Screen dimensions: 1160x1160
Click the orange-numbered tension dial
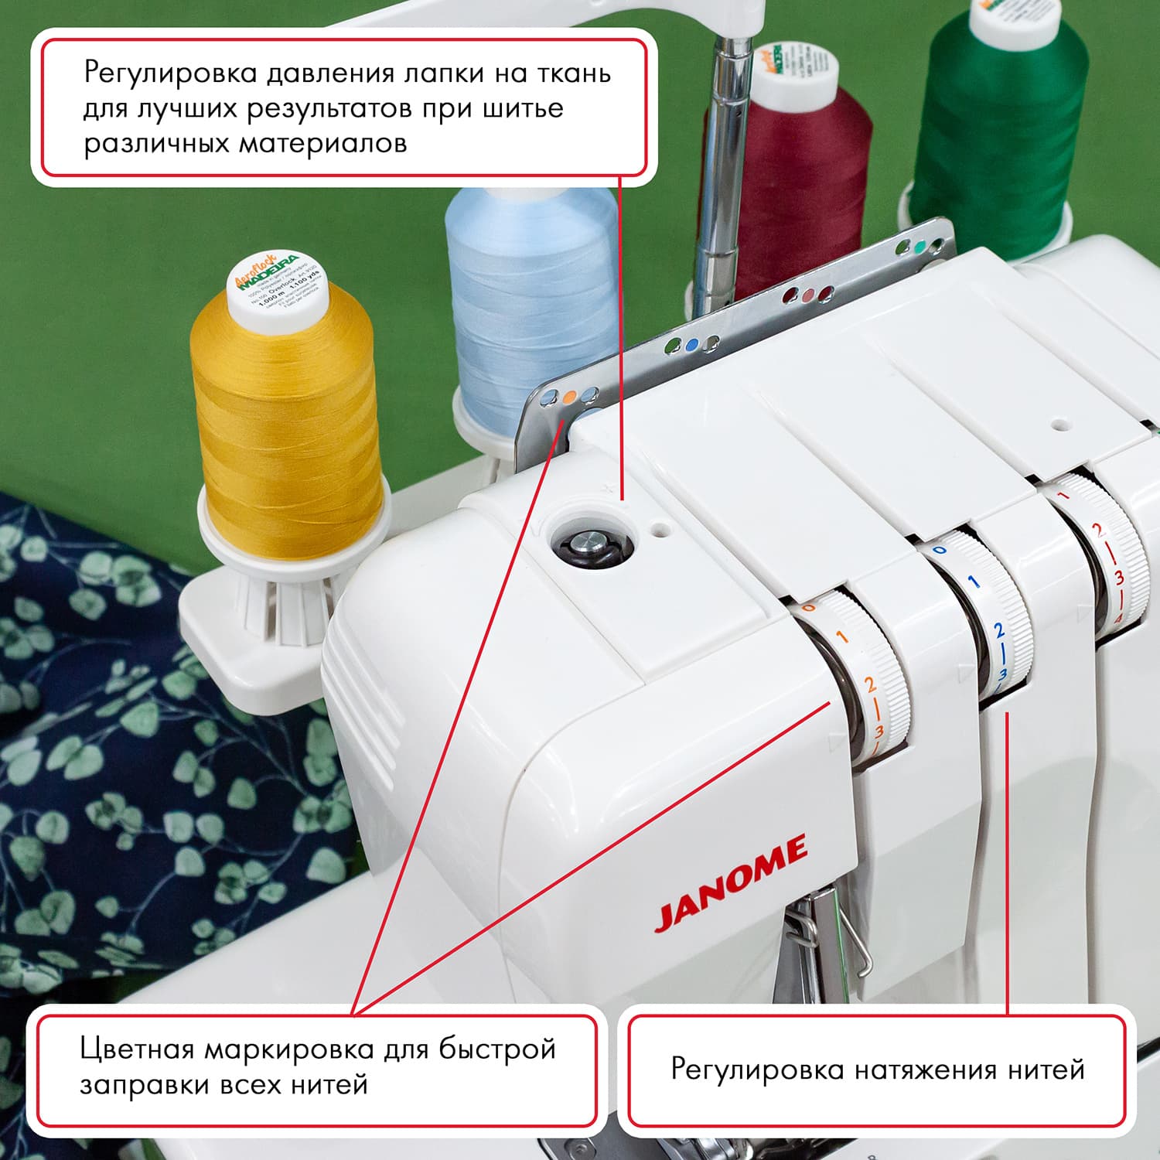click(858, 673)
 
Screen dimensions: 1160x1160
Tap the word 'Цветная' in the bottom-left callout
click(136, 1049)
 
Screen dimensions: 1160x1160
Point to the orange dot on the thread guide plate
click(569, 397)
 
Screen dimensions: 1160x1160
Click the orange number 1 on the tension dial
click(841, 637)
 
